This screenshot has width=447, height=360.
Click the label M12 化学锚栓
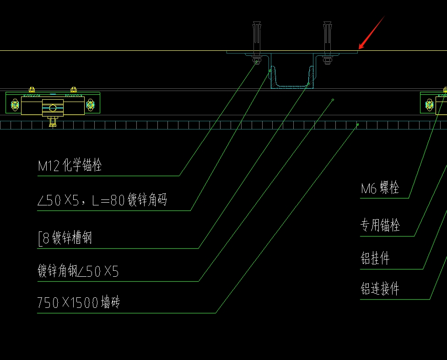[x=70, y=166]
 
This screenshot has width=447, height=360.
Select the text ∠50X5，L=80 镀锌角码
[x=102, y=200]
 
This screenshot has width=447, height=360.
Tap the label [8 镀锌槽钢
[x=65, y=238]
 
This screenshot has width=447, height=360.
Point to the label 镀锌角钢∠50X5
[x=78, y=272]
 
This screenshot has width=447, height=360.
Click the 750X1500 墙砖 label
[x=79, y=302]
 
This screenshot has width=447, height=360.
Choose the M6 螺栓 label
[x=380, y=188]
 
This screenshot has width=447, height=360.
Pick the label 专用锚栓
[x=380, y=225]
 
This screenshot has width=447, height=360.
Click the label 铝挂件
[x=375, y=258]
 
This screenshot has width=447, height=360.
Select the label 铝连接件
[x=380, y=289]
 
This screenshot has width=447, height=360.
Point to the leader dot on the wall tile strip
[x=358, y=124]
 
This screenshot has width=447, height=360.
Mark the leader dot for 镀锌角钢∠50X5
[x=333, y=99]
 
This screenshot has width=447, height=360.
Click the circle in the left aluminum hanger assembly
[x=53, y=108]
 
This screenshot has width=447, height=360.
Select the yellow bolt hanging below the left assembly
[x=53, y=121]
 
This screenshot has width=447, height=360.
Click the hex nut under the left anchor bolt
[x=256, y=59]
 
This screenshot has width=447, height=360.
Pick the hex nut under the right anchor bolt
[x=327, y=59]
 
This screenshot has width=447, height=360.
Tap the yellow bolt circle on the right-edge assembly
[x=429, y=105]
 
